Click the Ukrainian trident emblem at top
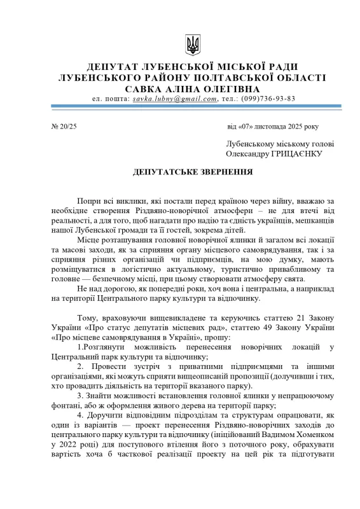[192, 44]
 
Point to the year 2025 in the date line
[293, 127]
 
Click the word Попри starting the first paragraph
[89, 200]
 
